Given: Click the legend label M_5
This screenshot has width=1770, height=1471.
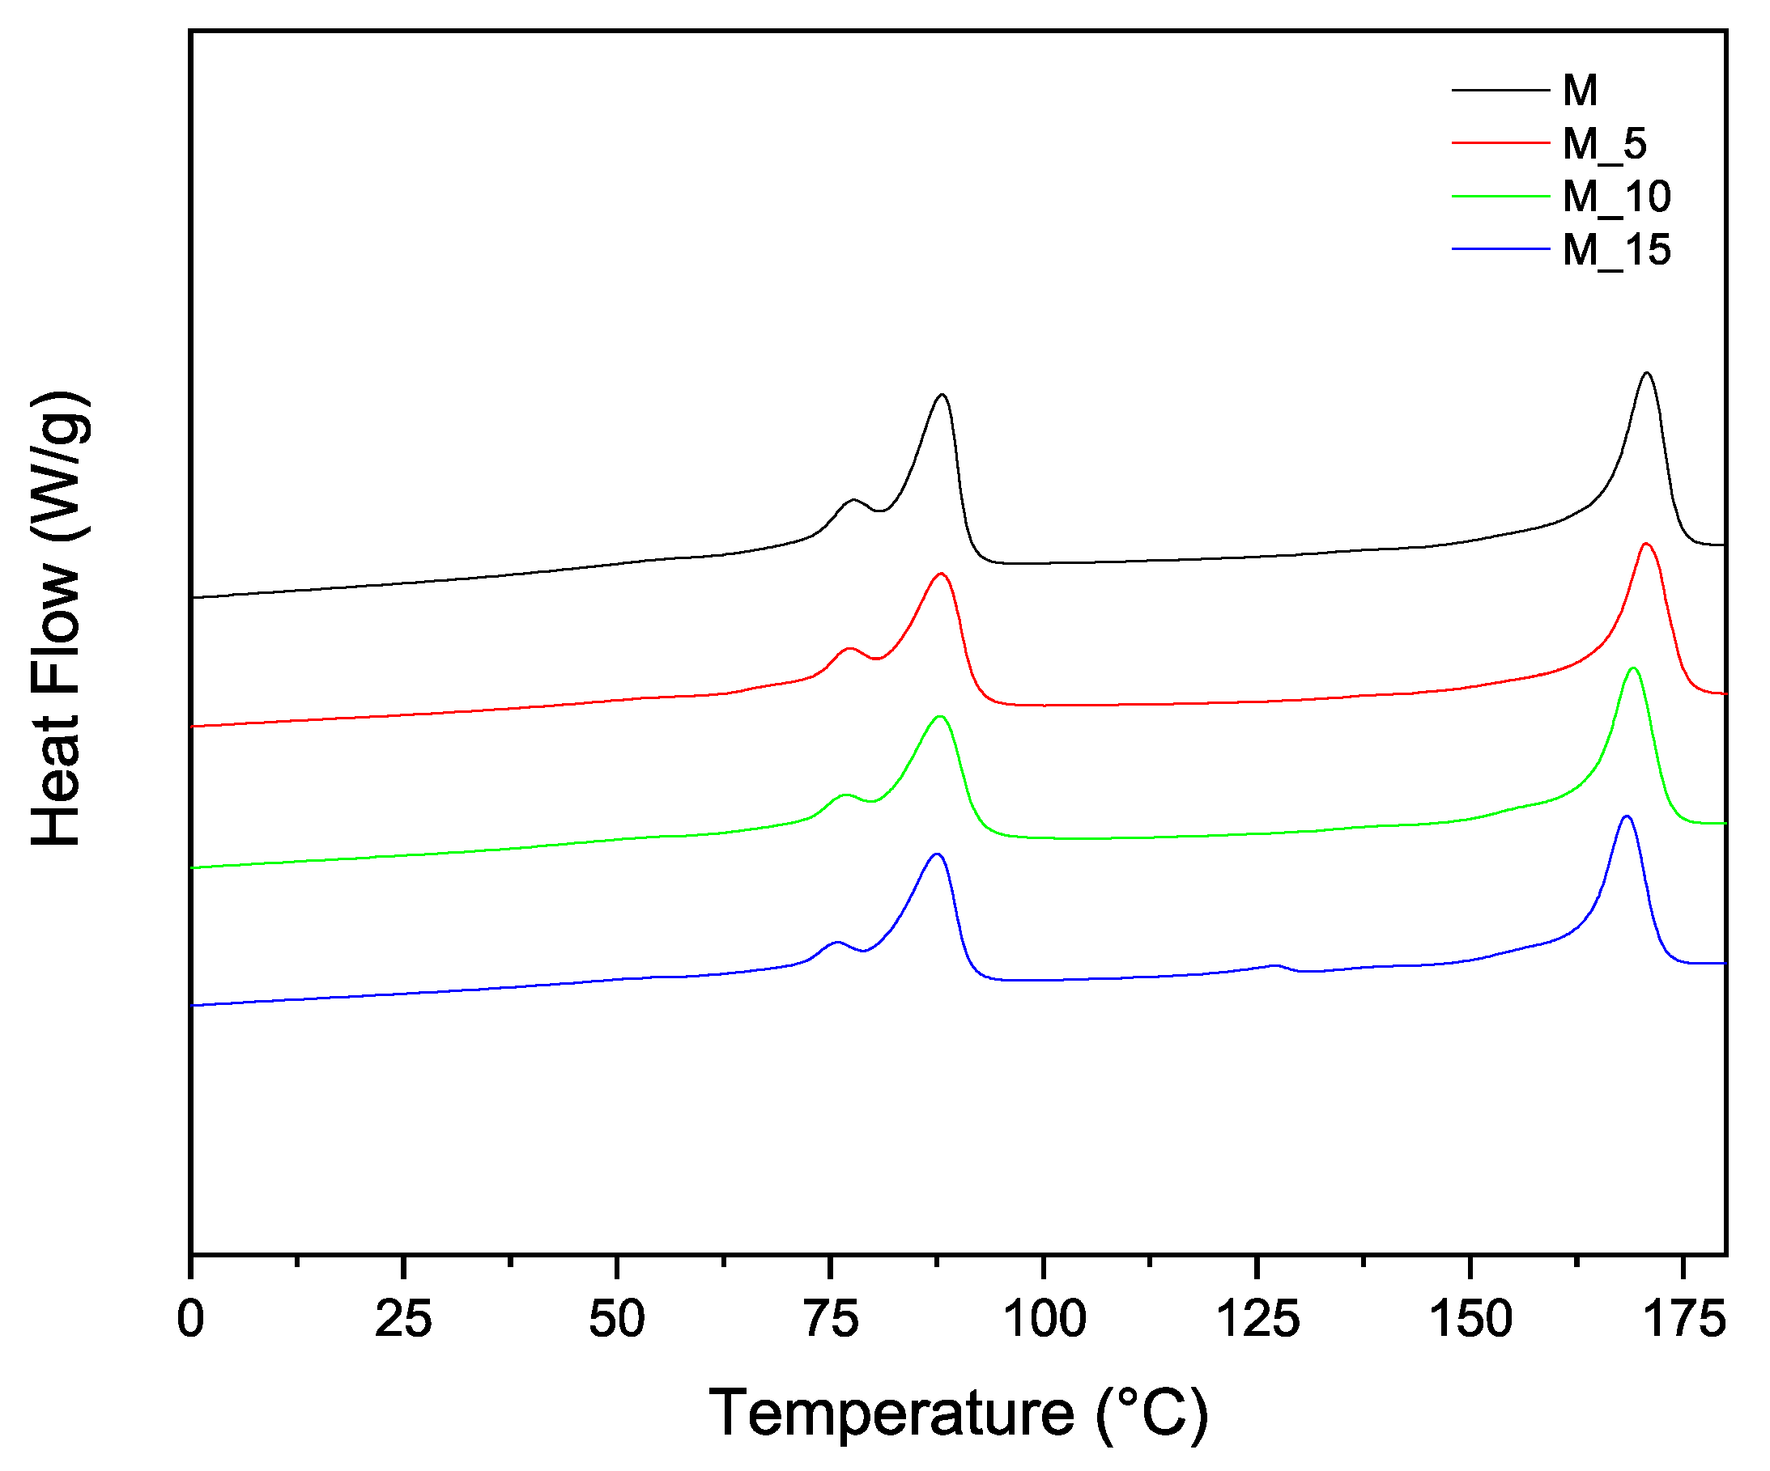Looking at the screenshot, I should (x=1604, y=144).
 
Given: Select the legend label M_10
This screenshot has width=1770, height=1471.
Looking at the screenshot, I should (x=1616, y=197).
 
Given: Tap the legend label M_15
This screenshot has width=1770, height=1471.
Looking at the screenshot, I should (x=1616, y=250).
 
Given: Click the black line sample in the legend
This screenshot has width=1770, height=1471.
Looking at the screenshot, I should (x=1500, y=90).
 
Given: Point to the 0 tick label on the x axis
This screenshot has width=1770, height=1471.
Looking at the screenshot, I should (x=191, y=1320).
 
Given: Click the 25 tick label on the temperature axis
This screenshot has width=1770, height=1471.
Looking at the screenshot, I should (x=404, y=1320).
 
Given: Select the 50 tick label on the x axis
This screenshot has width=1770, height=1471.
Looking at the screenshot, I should (x=617, y=1320).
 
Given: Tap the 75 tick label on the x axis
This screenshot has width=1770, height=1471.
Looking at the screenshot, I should (x=831, y=1320).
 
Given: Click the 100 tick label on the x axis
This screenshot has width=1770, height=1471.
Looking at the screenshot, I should (x=1044, y=1320).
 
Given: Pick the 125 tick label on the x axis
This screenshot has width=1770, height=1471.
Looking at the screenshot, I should (x=1257, y=1320).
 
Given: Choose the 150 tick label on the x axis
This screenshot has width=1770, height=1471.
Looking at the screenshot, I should (x=1470, y=1320).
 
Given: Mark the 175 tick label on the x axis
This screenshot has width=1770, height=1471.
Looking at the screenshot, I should (x=1683, y=1320).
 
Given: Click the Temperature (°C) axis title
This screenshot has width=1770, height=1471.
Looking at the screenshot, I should (x=959, y=1413).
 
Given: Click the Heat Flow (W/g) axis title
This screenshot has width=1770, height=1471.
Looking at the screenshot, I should (x=57, y=619).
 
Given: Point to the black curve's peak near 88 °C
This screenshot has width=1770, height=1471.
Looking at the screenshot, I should (x=942, y=395).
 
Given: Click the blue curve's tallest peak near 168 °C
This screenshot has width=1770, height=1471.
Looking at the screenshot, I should (x=1626, y=816).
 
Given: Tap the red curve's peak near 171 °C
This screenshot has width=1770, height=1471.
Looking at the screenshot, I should (x=1645, y=545).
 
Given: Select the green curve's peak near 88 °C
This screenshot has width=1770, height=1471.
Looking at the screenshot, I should (x=940, y=717).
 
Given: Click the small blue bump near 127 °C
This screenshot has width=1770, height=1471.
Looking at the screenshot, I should (x=1275, y=965).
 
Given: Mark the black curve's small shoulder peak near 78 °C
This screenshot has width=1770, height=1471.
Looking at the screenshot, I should (x=853, y=500).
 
